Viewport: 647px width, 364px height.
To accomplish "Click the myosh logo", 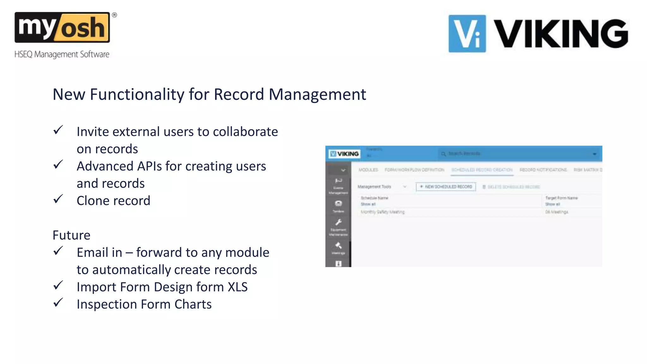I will (62, 28).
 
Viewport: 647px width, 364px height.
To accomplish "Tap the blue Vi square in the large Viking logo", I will (467, 33).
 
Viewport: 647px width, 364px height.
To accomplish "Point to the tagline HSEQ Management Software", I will (62, 54).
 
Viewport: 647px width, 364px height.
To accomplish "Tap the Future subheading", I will (71, 235).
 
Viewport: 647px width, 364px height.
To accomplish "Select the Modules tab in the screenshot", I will (368, 170).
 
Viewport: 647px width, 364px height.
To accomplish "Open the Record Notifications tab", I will (543, 170).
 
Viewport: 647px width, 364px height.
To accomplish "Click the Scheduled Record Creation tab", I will (482, 170).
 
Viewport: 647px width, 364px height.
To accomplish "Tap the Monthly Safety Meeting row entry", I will (383, 212).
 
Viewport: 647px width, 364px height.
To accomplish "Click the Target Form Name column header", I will (561, 198).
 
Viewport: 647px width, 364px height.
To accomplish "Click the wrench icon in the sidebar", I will (338, 222).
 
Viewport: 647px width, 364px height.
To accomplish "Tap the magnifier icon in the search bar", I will (443, 154).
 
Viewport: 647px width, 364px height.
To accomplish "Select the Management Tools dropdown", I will (382, 187).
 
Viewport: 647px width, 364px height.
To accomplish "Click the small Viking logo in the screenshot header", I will (344, 154).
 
